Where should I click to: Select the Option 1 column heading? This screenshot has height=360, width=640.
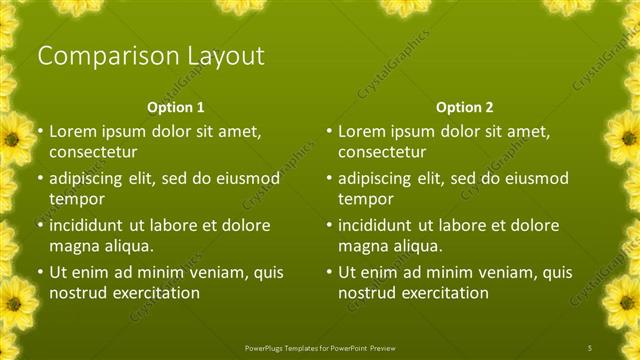[x=175, y=106]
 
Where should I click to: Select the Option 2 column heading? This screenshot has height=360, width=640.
[x=464, y=106]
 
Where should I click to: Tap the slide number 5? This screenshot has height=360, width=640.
[x=591, y=347]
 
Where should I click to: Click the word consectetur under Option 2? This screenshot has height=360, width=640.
[x=382, y=152]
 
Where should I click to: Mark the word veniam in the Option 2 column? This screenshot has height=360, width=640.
[x=489, y=272]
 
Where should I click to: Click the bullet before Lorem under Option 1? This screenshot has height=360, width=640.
[x=39, y=131]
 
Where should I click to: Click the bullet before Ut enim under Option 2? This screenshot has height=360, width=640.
[x=329, y=272]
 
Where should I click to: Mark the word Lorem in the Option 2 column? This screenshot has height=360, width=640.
[x=362, y=131]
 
